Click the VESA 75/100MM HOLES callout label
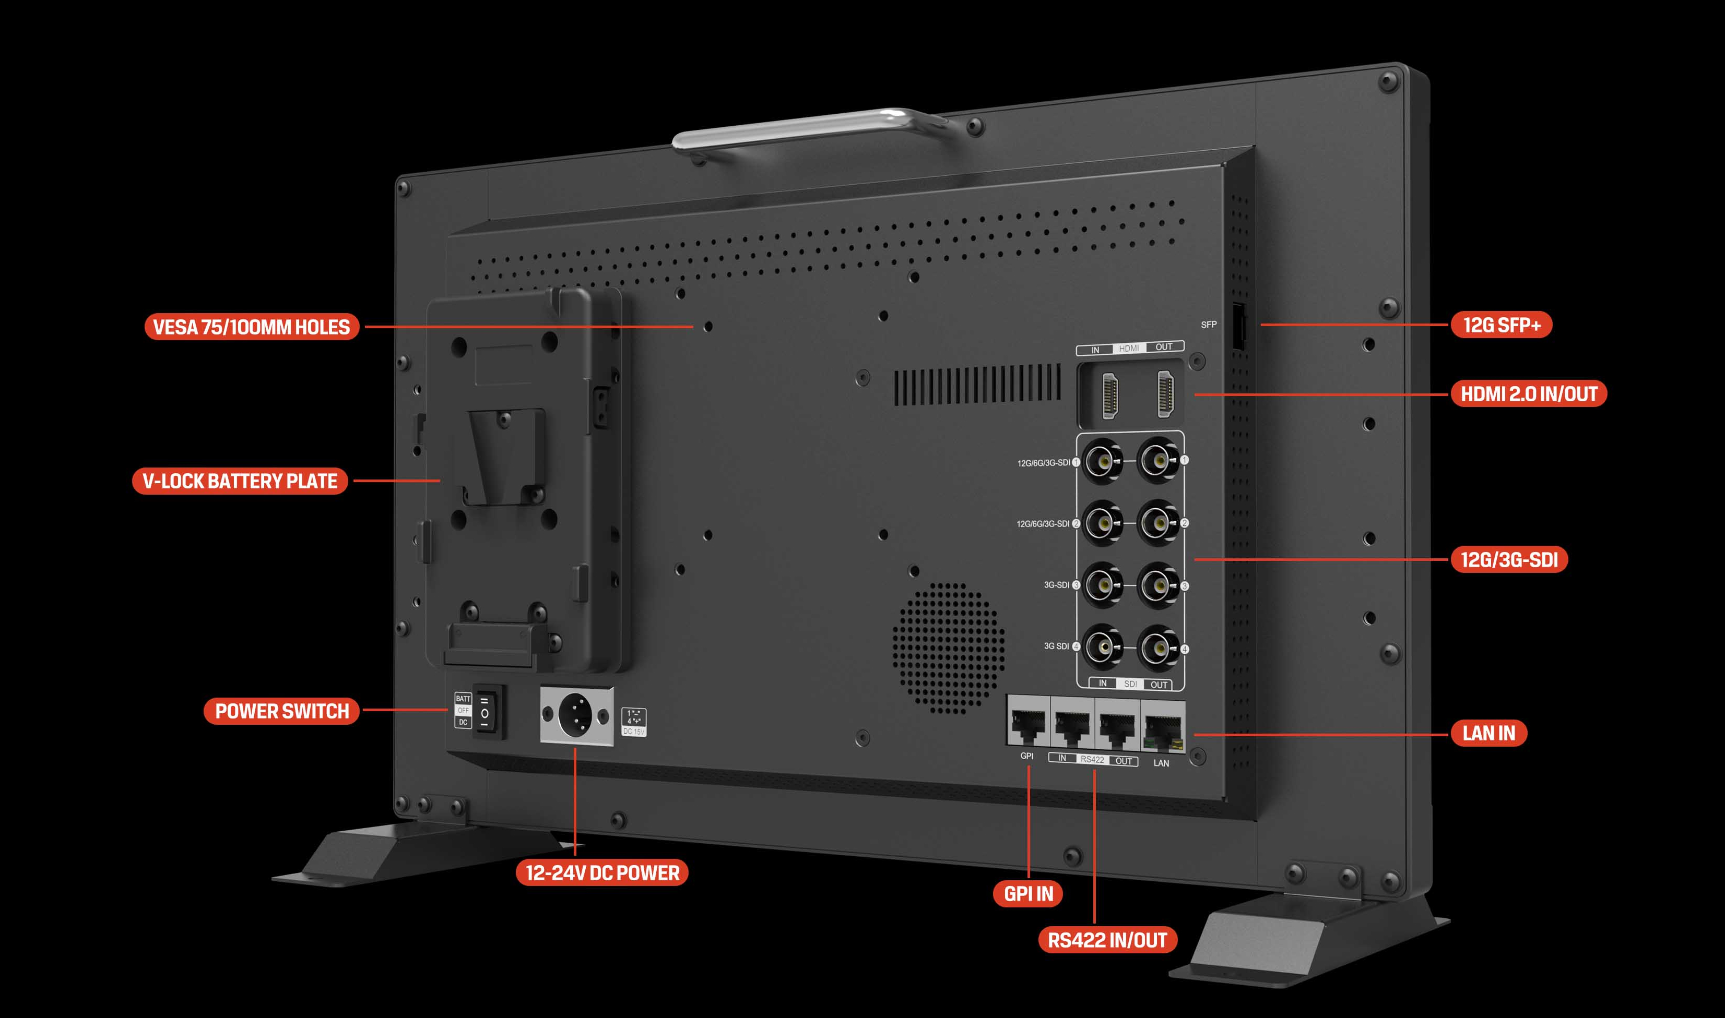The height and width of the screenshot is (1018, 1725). point(251,327)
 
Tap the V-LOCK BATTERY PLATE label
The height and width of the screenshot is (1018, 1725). point(240,481)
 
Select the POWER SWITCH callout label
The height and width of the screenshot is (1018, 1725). point(281,711)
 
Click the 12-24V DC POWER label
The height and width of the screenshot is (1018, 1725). point(602,872)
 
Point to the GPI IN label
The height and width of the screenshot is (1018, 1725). point(1027,893)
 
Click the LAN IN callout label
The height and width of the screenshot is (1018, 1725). point(1488,733)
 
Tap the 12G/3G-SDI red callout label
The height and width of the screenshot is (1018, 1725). point(1509,560)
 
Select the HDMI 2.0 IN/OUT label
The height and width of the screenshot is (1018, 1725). point(1528,394)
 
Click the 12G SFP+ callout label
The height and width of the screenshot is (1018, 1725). point(1501,325)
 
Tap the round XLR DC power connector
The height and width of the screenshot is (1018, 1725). point(575,715)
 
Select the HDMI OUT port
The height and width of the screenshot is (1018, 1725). point(1165,394)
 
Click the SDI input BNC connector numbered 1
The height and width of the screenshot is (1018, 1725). point(1103,462)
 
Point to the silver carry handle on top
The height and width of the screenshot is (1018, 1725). point(810,128)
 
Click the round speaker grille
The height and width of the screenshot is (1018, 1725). point(948,647)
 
